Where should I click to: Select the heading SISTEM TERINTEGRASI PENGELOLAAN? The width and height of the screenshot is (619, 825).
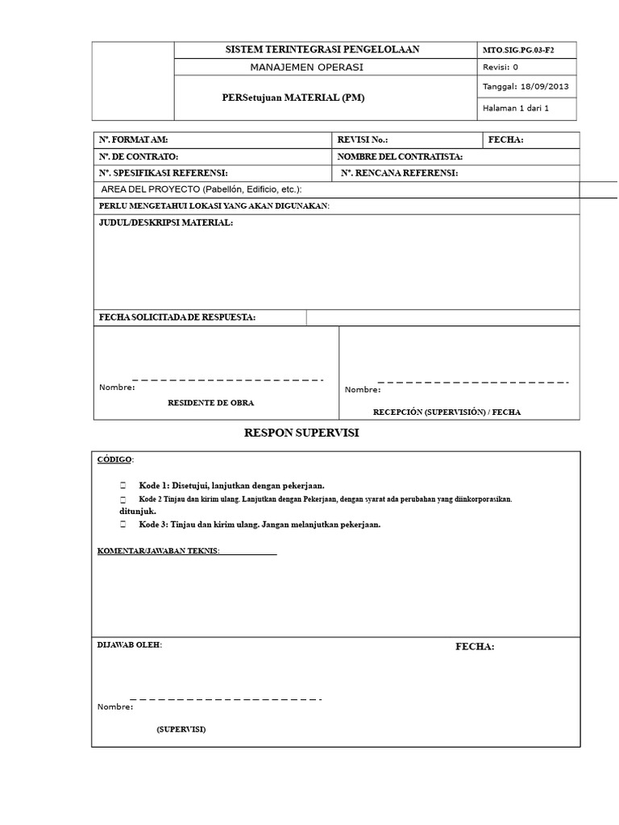(322, 50)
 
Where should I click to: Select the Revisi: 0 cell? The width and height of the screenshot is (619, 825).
(501, 68)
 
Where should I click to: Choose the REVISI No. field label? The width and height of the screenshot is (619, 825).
(362, 139)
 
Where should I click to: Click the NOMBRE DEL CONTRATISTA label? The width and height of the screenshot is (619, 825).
(400, 156)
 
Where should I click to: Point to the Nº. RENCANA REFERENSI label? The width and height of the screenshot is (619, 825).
(400, 173)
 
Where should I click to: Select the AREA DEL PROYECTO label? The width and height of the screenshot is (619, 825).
(201, 189)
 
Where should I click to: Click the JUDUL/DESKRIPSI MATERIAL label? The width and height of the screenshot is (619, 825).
(165, 222)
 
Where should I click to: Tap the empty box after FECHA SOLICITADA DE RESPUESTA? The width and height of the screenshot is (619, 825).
(442, 317)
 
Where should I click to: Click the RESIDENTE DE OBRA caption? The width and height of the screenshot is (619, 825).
(215, 401)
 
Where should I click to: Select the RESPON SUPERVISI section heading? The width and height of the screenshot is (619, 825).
(301, 434)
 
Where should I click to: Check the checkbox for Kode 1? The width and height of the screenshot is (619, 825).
(123, 486)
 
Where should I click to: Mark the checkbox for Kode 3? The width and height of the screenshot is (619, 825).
(123, 524)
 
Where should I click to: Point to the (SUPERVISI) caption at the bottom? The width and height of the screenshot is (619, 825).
(181, 729)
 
